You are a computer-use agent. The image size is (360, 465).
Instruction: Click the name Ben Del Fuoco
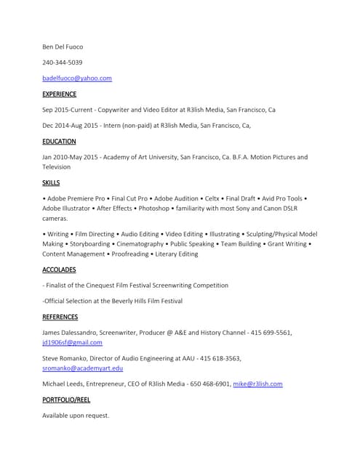point(63,46)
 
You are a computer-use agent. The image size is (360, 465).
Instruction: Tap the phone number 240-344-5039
point(62,62)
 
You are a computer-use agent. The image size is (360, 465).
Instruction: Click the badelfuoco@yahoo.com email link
point(77,78)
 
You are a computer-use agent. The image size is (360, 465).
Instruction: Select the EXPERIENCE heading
point(59,94)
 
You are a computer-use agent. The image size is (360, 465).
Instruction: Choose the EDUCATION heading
point(59,142)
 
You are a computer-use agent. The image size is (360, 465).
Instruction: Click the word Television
point(57,166)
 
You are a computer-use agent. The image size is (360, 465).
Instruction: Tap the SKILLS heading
point(51,182)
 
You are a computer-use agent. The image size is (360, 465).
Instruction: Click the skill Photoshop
point(154,208)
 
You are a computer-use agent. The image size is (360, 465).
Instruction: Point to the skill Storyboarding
point(92,244)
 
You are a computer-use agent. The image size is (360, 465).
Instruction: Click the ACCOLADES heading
point(59,270)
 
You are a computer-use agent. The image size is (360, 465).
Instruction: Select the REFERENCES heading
point(60,317)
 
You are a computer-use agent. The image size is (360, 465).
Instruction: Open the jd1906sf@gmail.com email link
point(72,342)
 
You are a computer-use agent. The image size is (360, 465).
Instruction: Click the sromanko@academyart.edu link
point(82,368)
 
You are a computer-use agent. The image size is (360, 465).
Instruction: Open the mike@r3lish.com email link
point(257,384)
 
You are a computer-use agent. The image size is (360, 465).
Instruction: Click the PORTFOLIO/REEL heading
point(65,400)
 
